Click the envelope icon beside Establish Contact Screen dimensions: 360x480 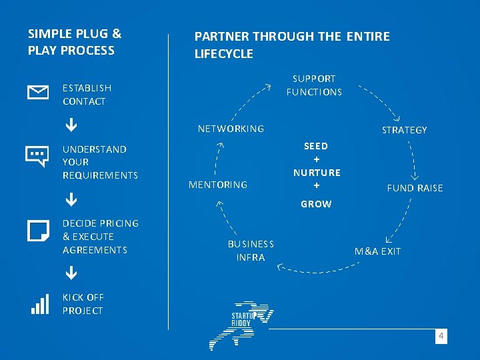(x=37, y=93)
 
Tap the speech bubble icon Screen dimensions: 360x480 (x=37, y=156)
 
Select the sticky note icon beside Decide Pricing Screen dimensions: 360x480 (x=38, y=231)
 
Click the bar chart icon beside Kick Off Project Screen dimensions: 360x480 (x=40, y=304)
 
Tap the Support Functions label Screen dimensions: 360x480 (x=314, y=85)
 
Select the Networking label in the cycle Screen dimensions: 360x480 (x=231, y=129)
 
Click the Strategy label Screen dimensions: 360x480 (x=404, y=130)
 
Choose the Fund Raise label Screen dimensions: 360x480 (x=415, y=188)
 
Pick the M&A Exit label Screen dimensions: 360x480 (x=377, y=251)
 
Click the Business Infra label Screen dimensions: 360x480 (x=251, y=251)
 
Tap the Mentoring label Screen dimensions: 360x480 (x=218, y=185)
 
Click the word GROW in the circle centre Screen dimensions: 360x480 (x=316, y=204)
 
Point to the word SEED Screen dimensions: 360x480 (x=316, y=146)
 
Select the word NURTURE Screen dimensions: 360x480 (x=317, y=173)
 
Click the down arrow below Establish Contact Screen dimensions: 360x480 (x=70, y=125)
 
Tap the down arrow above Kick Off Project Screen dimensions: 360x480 (x=70, y=273)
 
